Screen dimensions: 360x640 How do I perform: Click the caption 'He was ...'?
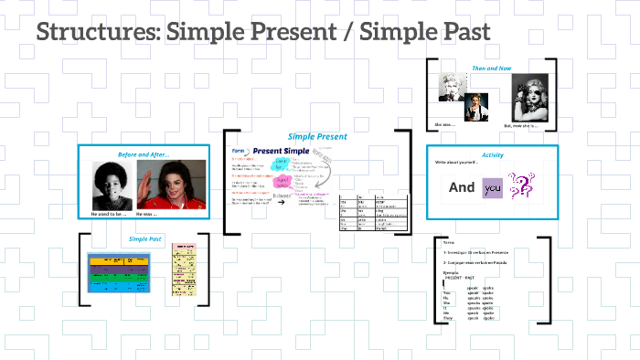[x=148, y=214]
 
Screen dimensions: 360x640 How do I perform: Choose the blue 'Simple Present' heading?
[x=317, y=136]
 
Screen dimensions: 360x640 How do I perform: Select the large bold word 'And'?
[x=462, y=187]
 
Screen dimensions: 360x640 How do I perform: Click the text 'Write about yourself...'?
[x=458, y=163]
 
